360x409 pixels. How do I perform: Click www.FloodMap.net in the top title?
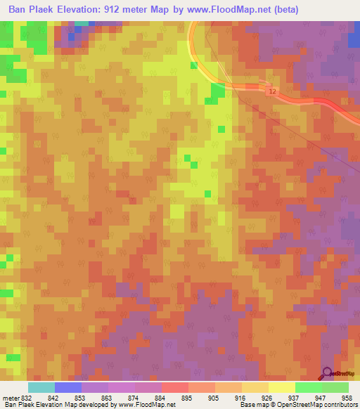[x=224, y=10]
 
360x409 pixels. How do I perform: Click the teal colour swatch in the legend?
[x=41, y=387]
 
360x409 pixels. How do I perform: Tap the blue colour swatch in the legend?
[x=68, y=387]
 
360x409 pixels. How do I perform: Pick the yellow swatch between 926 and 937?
[x=281, y=387]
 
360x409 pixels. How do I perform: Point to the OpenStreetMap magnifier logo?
[x=327, y=373]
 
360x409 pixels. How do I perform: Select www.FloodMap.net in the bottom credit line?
[x=147, y=405]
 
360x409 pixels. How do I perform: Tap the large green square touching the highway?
[x=218, y=91]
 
